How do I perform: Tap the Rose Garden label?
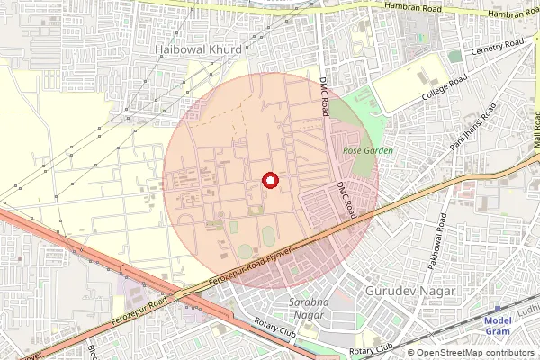coord(368,150)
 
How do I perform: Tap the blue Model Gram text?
coord(498,326)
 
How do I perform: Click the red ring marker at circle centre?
coord(269,181)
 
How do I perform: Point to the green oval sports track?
coord(267,237)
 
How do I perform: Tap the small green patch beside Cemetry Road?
coord(455,56)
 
